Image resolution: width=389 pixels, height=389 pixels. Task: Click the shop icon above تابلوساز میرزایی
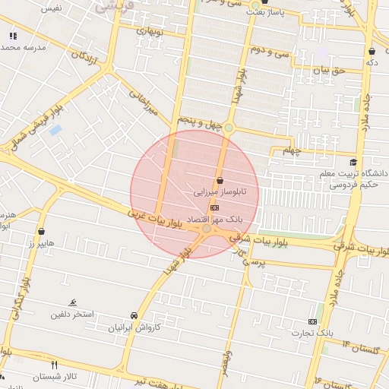tap(220, 180)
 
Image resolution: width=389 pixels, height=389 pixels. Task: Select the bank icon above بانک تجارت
tap(312, 321)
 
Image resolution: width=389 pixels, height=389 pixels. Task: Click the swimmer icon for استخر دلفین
tap(73, 302)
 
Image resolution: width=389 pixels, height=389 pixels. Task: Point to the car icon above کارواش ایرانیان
tap(134, 315)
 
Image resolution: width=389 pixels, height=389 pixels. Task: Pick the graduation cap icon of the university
tap(353, 162)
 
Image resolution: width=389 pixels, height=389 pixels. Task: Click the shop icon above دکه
tap(372, 51)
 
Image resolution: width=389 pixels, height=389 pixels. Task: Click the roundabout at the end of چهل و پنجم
tap(229, 128)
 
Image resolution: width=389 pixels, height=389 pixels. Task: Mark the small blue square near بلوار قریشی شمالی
tap(55, 130)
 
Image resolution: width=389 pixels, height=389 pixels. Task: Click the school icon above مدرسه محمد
tap(12, 36)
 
